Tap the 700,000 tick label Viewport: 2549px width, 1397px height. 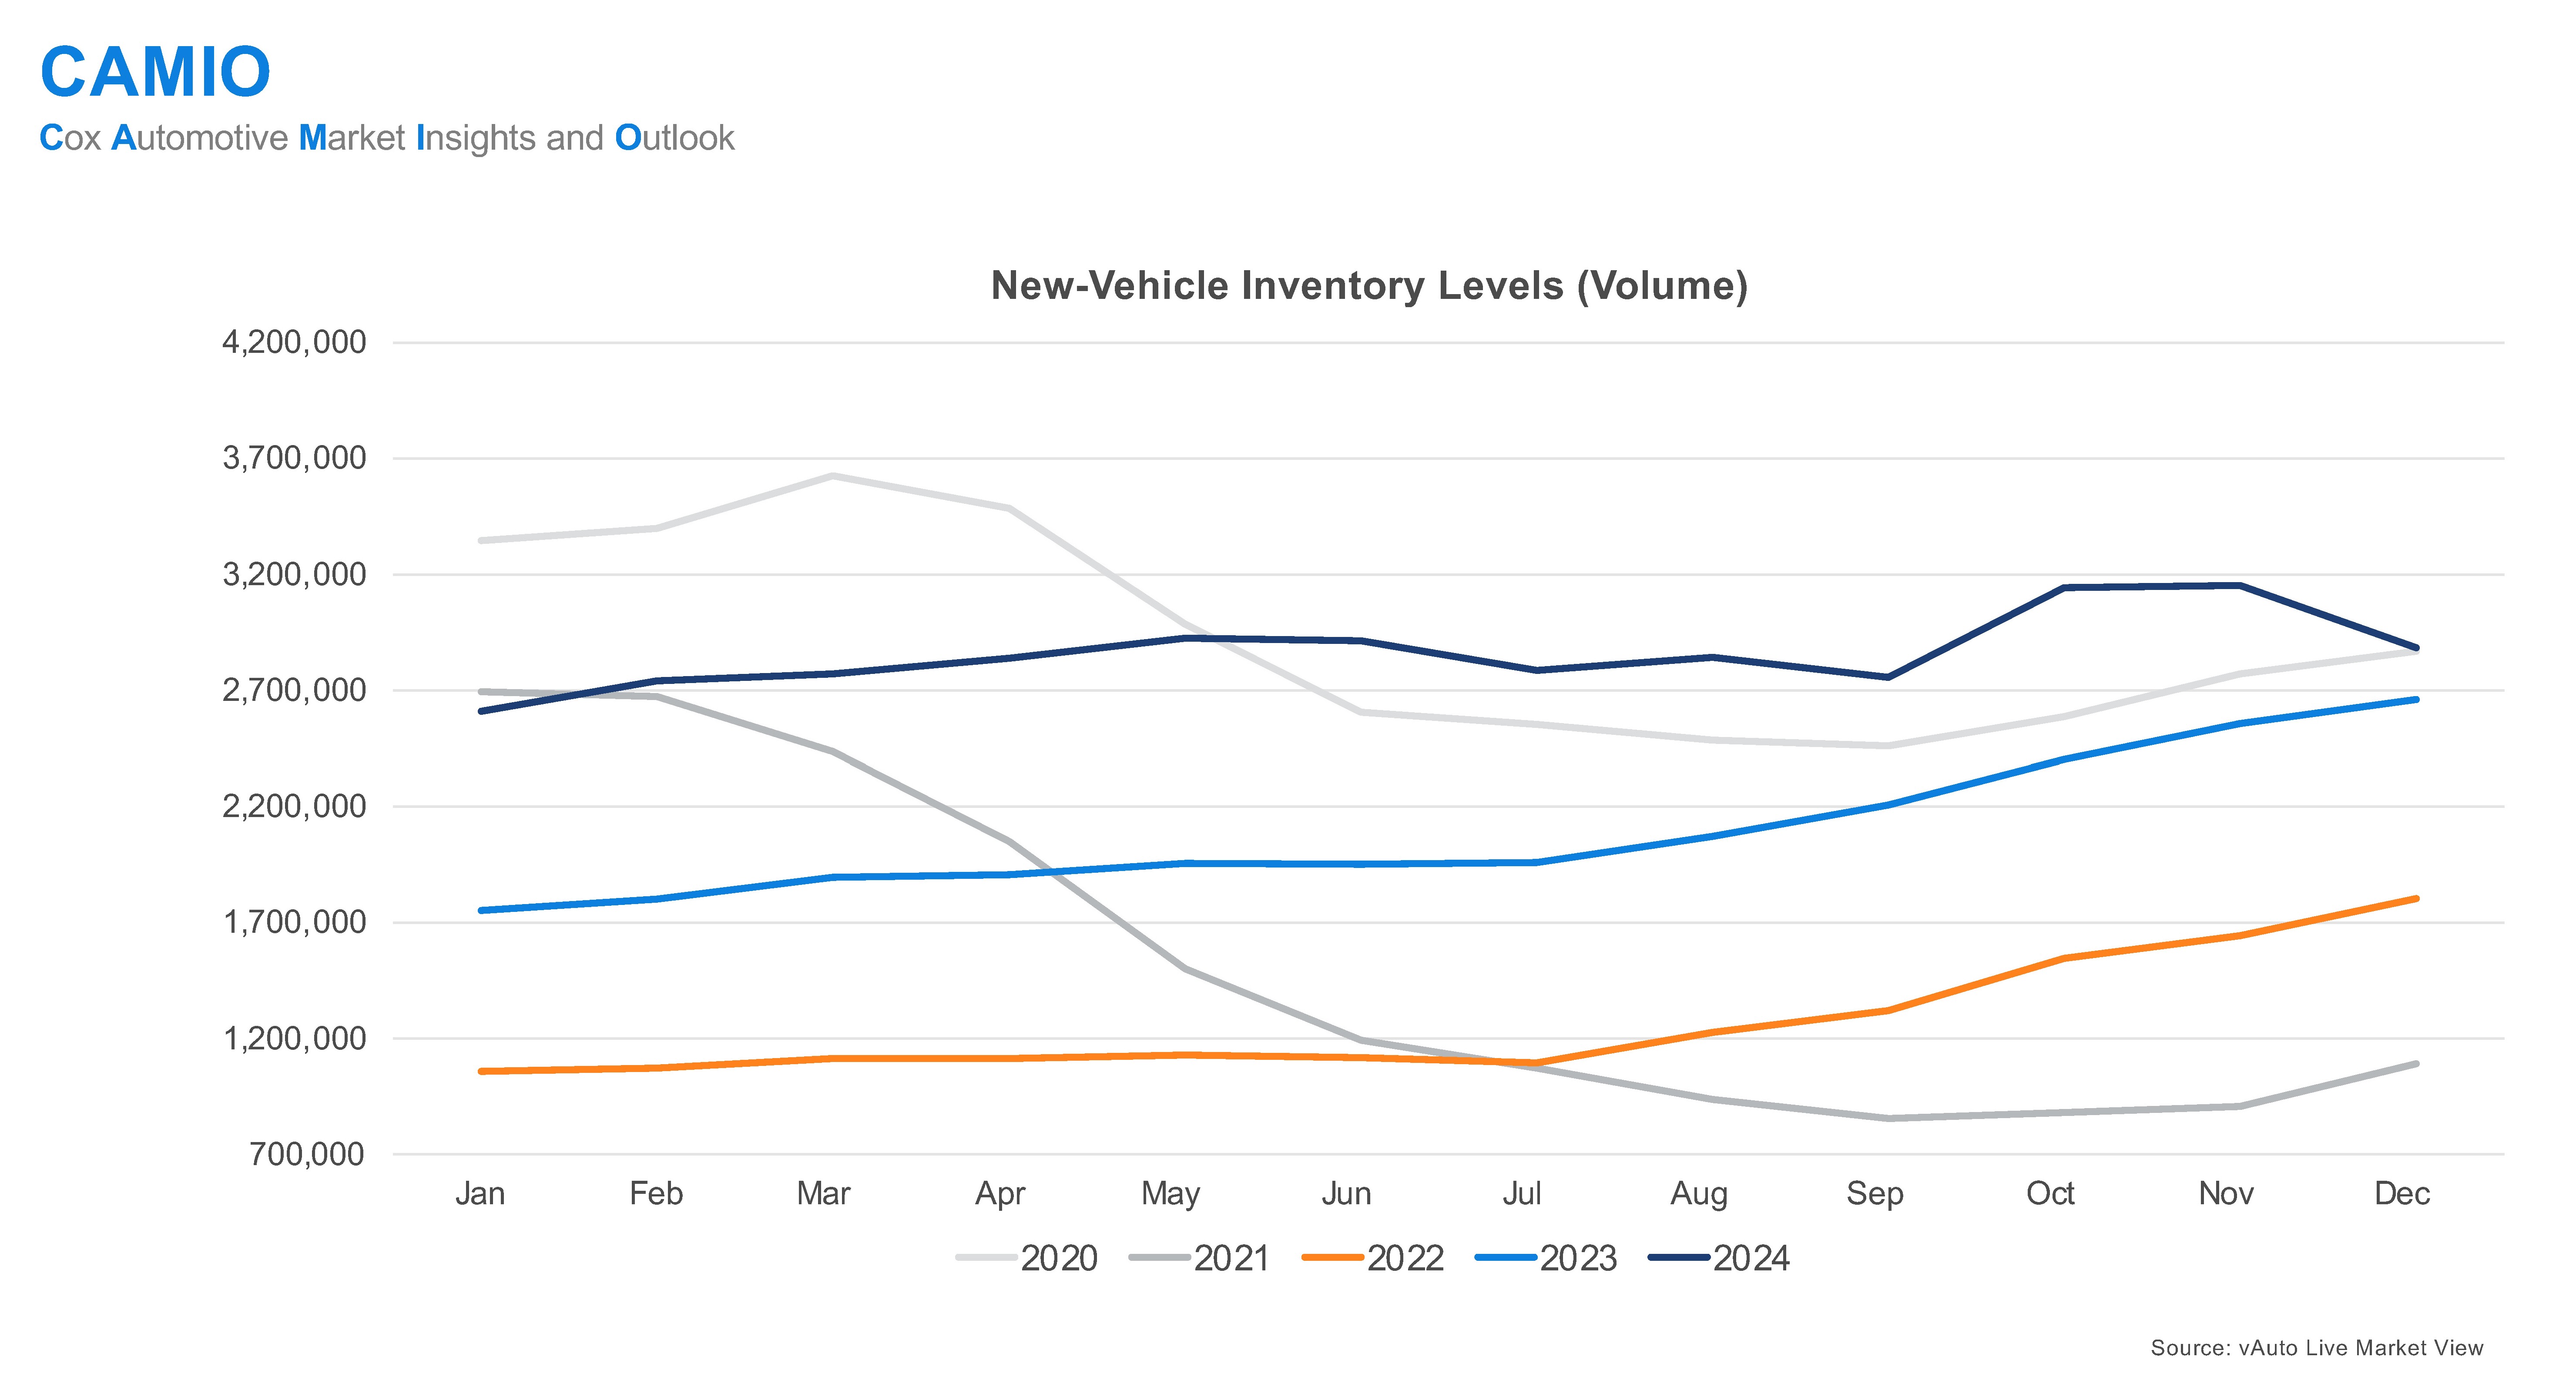pyautogui.click(x=307, y=1154)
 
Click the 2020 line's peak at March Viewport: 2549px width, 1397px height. pyautogui.click(x=832, y=476)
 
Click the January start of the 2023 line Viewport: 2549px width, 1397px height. pyautogui.click(x=481, y=910)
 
